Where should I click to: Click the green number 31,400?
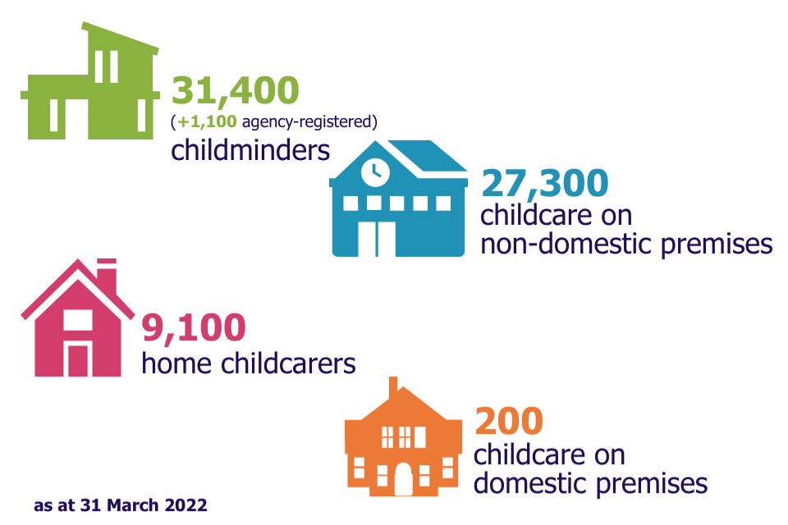click(x=236, y=91)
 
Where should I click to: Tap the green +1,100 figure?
click(x=207, y=121)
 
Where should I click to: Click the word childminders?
click(x=250, y=150)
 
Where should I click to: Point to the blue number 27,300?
click(x=545, y=184)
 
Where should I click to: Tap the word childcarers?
click(x=288, y=363)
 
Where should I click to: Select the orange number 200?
click(x=509, y=421)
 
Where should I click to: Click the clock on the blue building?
click(x=375, y=171)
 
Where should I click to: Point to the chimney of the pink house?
click(x=107, y=276)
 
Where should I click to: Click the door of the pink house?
click(x=78, y=361)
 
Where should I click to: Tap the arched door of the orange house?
click(x=404, y=479)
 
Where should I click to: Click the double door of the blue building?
click(x=377, y=239)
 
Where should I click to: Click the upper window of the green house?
click(x=107, y=66)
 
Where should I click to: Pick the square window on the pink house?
click(x=78, y=321)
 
